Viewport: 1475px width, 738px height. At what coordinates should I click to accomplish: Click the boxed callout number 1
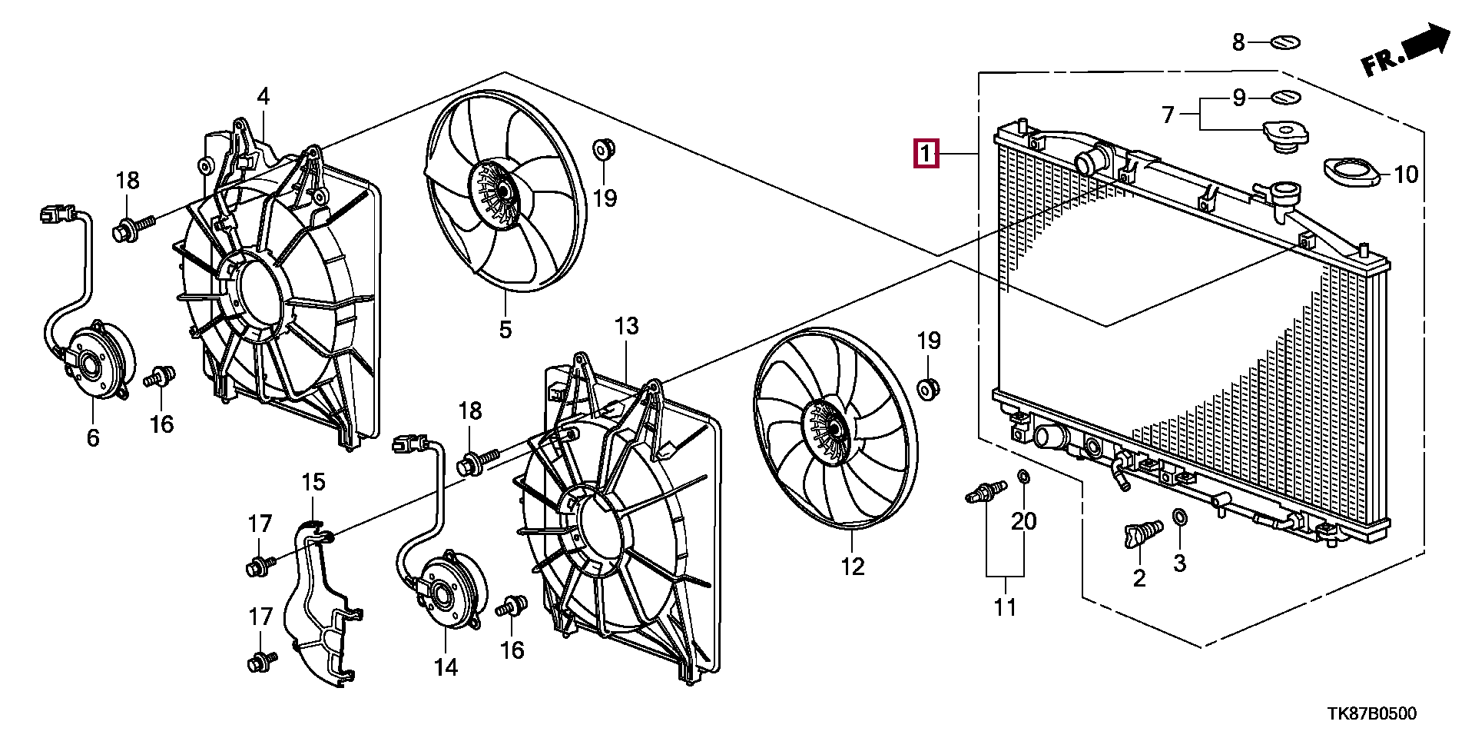(x=926, y=154)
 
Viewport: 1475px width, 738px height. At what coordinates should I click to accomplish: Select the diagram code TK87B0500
(x=1371, y=713)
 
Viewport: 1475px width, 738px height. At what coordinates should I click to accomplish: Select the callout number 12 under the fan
(x=853, y=567)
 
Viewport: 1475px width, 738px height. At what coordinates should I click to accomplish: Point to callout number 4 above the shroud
(x=264, y=97)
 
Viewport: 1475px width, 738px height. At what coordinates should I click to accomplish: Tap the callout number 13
(x=626, y=326)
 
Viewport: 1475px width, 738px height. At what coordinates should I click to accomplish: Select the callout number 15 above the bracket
(x=313, y=482)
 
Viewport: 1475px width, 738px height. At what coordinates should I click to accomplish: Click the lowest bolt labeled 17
(x=261, y=660)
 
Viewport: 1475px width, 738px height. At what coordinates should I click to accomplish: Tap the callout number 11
(x=1005, y=607)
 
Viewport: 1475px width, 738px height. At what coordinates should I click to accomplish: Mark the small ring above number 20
(x=1023, y=477)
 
